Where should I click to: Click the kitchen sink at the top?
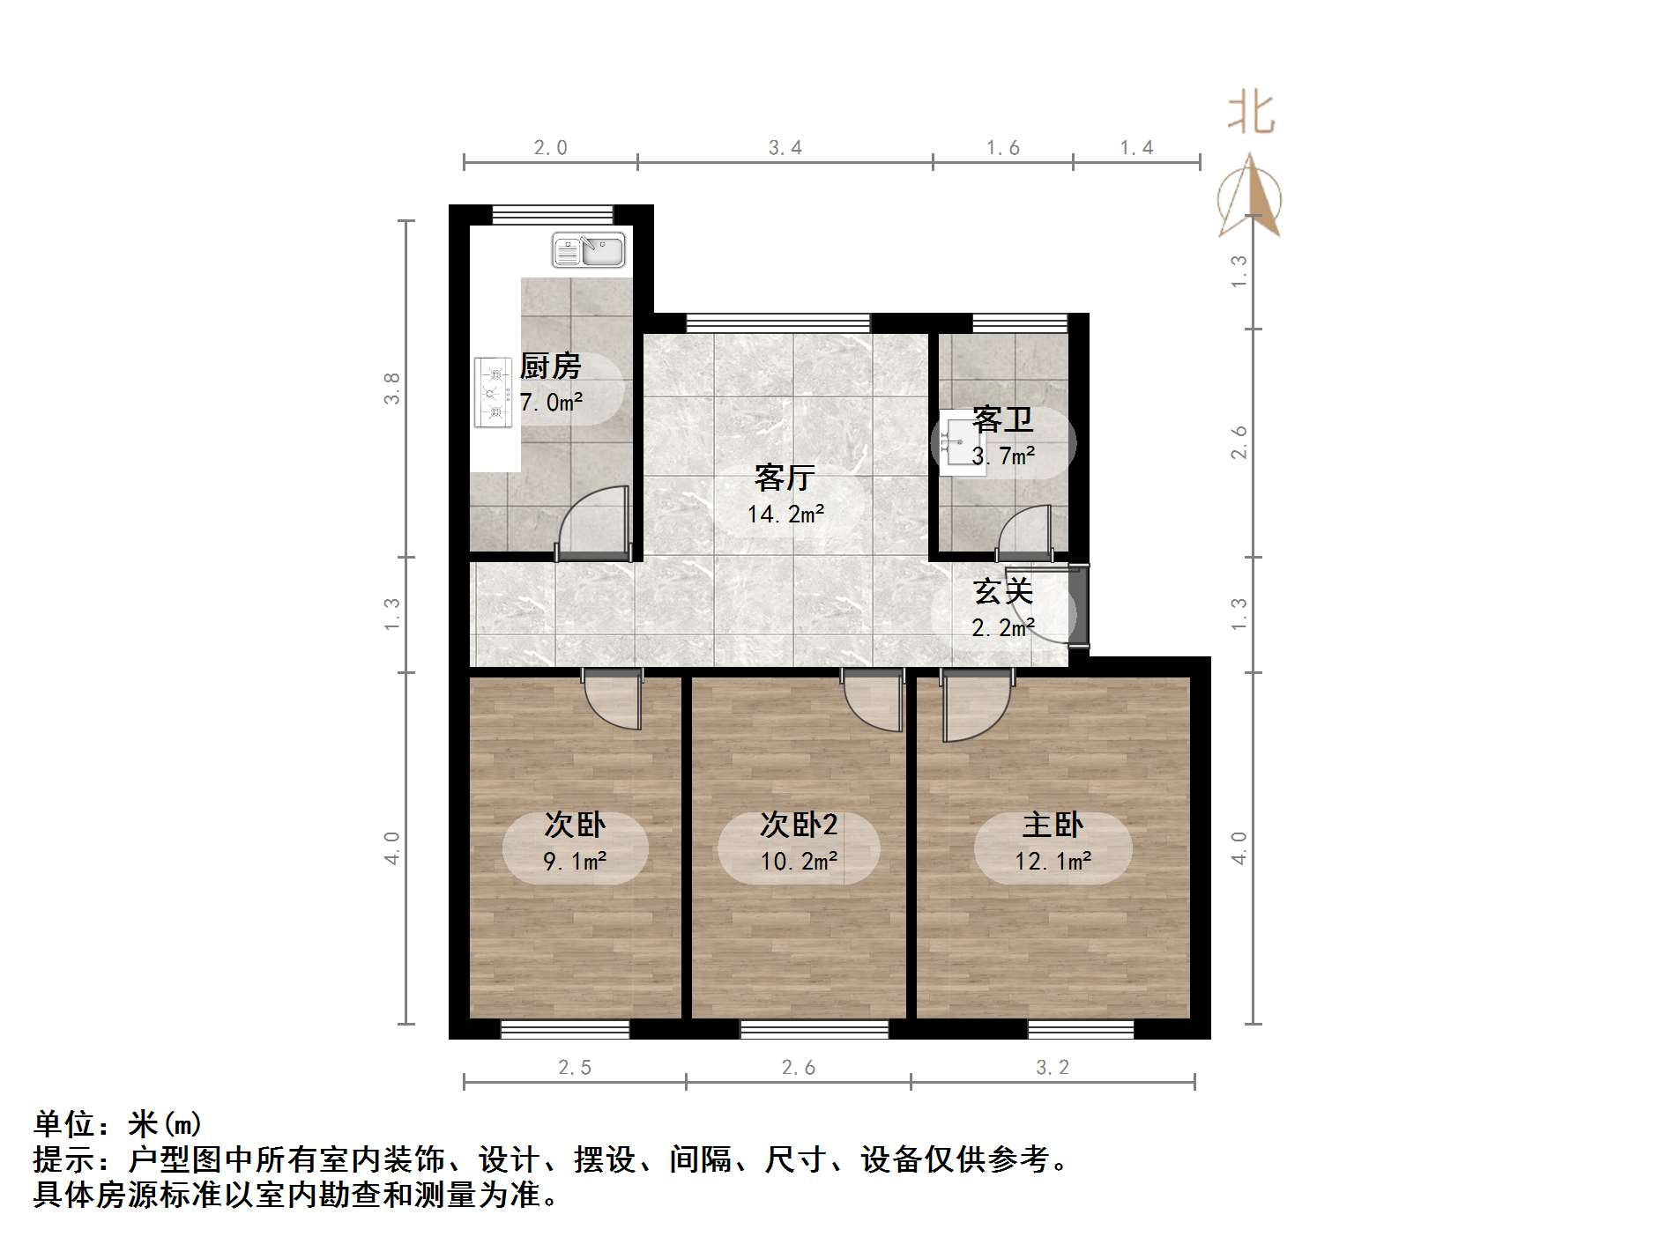tap(588, 250)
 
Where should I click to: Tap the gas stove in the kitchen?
tap(493, 392)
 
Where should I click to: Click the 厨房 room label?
tap(551, 366)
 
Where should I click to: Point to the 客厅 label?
tap(785, 478)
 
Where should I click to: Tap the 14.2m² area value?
tap(785, 514)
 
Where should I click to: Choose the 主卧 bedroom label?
tap(1053, 825)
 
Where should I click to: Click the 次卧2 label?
tap(799, 825)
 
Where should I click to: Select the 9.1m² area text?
tap(575, 861)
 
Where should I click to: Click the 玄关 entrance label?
tap(1002, 591)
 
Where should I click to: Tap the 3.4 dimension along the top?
tap(785, 148)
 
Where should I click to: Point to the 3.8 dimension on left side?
tap(391, 389)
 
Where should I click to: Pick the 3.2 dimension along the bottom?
tap(1053, 1068)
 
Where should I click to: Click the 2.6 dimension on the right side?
tap(1239, 442)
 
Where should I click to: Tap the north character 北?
tap(1252, 115)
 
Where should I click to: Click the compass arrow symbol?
tap(1250, 198)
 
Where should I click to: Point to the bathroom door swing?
tap(1025, 532)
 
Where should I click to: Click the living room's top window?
tap(777, 322)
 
